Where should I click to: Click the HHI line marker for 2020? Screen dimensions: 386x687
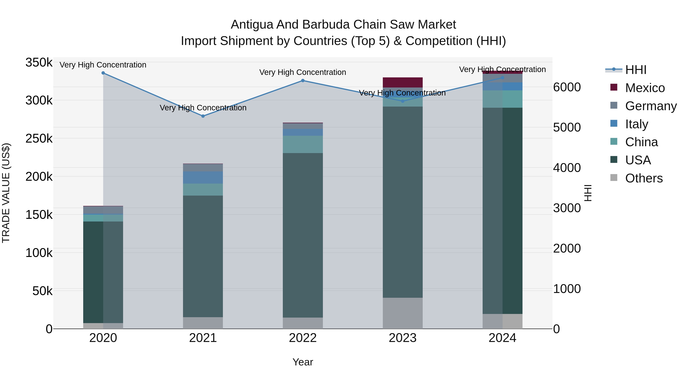103,73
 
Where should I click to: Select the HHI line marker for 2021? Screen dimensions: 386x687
203,116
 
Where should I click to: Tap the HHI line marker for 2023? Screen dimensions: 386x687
403,101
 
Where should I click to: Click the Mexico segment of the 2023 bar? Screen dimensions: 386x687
403,82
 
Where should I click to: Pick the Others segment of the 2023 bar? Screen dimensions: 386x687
403,313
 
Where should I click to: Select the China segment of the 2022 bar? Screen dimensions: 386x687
303,144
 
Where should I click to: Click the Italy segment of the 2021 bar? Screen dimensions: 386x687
203,177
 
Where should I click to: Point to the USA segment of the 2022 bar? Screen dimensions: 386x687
303,235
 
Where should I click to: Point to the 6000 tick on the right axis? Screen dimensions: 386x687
567,87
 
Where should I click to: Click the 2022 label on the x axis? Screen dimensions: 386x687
303,338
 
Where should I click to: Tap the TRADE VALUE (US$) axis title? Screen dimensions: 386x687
6,193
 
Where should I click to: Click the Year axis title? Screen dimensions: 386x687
303,362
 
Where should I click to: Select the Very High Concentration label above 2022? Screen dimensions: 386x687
303,72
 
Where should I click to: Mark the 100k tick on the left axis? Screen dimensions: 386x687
39,253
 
